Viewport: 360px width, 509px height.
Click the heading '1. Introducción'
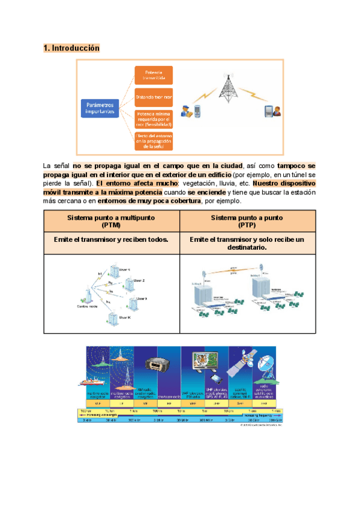71,47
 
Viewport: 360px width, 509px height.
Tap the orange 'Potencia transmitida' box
153,74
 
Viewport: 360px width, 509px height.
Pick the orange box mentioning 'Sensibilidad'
153,118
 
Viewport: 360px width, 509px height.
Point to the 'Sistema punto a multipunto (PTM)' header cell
112,221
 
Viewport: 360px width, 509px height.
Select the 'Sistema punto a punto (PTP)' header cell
247,221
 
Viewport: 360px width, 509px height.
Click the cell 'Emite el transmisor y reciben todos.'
112,239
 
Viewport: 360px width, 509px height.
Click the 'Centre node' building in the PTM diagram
89,297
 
